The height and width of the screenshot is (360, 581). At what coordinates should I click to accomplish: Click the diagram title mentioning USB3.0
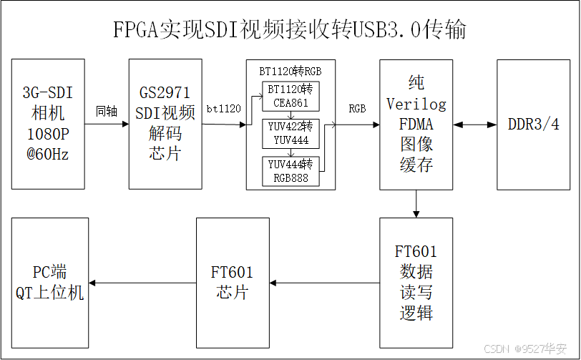tap(290, 29)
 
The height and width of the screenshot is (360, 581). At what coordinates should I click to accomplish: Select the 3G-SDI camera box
tap(49, 124)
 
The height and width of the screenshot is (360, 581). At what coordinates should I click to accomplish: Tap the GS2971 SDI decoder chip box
tap(165, 124)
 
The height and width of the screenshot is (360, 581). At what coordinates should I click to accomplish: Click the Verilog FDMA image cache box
tap(416, 124)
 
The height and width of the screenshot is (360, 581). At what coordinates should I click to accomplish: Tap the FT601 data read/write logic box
tap(416, 282)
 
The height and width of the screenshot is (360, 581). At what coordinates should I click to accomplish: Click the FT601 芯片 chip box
tap(232, 282)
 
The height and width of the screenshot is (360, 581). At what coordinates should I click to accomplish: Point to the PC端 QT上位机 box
tap(50, 282)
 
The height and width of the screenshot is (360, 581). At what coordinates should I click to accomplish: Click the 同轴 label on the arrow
tap(107, 112)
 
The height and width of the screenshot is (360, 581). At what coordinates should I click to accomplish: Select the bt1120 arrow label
tap(223, 110)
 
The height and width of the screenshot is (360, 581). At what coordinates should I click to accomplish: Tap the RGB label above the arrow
tap(357, 110)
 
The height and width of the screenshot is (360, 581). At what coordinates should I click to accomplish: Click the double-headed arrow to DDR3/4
tap(474, 125)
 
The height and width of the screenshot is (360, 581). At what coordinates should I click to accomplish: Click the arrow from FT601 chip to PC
tap(142, 283)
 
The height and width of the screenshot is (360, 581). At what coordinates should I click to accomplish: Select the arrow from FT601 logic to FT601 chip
tap(323, 283)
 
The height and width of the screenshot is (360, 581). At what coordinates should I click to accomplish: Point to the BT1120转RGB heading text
tap(290, 71)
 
